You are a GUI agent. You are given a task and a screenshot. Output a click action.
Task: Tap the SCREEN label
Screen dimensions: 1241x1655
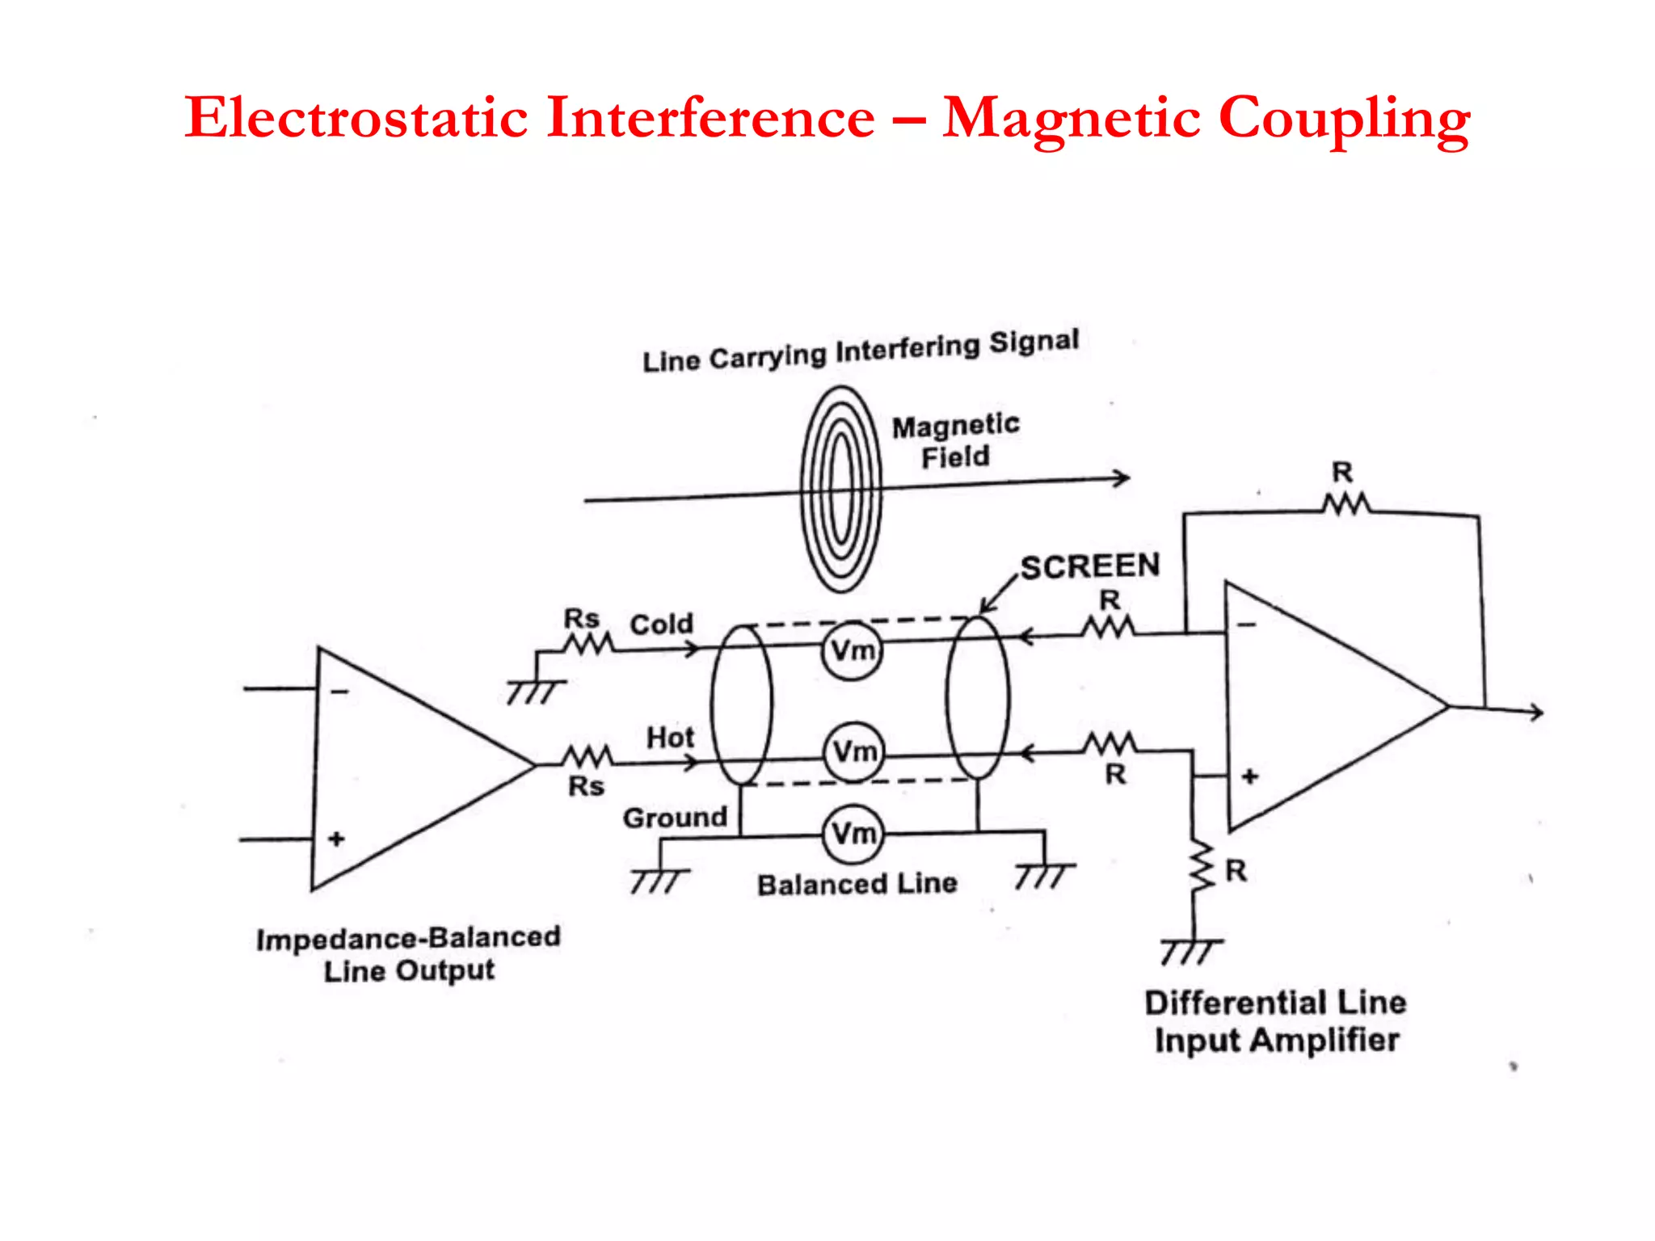pyautogui.click(x=1089, y=566)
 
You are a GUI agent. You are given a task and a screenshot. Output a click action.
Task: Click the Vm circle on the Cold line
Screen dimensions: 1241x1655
pyautogui.click(x=852, y=650)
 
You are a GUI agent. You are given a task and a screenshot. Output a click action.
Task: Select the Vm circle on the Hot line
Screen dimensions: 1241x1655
pyautogui.click(x=853, y=751)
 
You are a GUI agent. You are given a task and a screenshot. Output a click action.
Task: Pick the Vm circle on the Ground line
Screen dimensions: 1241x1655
pyautogui.click(x=853, y=833)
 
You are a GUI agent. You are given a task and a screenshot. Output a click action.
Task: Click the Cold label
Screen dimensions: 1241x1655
pyautogui.click(x=661, y=624)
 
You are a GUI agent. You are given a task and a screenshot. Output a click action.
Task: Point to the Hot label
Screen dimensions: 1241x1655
pyautogui.click(x=670, y=737)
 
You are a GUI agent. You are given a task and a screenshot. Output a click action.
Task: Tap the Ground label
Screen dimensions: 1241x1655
pyautogui.click(x=675, y=818)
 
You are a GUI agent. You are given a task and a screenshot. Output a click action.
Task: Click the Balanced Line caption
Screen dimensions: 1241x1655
pyautogui.click(x=857, y=884)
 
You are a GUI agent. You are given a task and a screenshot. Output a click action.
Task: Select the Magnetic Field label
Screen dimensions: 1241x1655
pyautogui.click(x=955, y=441)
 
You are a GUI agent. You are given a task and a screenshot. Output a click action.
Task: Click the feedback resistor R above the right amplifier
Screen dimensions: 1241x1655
pyautogui.click(x=1346, y=505)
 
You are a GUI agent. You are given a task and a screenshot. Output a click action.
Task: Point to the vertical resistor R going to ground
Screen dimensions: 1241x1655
pyautogui.click(x=1201, y=867)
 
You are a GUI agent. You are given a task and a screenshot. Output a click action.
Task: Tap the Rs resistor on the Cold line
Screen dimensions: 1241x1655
pyautogui.click(x=588, y=644)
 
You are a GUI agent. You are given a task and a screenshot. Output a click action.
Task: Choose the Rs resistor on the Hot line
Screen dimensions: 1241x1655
pyautogui.click(x=587, y=757)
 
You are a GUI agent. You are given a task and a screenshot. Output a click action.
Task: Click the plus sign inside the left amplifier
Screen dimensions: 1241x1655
pyautogui.click(x=336, y=839)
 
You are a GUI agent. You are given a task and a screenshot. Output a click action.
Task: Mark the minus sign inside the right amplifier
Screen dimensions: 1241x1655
pyautogui.click(x=1247, y=625)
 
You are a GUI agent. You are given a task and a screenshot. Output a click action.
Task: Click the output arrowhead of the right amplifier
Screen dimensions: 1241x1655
pyautogui.click(x=1535, y=712)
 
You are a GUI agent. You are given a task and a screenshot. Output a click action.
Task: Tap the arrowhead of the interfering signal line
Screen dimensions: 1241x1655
pyautogui.click(x=1122, y=477)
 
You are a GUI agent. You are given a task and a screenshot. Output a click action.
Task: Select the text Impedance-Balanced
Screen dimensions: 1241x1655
pyautogui.click(x=408, y=938)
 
